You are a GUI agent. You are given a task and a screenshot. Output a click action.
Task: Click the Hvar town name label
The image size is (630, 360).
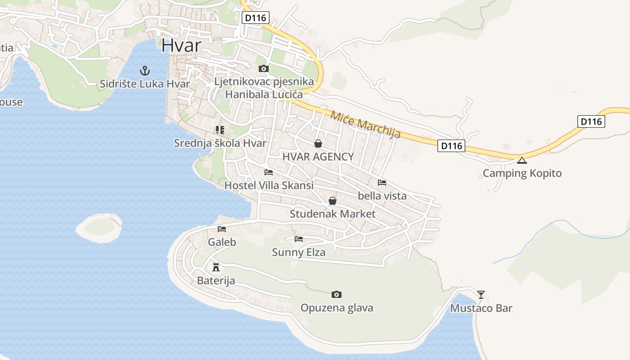[180, 45]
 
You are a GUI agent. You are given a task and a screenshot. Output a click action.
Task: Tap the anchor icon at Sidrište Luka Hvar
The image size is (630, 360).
[144, 70]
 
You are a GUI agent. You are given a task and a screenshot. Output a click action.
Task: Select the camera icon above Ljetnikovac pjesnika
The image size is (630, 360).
[264, 68]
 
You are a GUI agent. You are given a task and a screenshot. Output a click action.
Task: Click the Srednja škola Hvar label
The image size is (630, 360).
[220, 143]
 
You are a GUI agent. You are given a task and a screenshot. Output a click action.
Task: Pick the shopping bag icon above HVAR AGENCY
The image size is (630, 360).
[318, 144]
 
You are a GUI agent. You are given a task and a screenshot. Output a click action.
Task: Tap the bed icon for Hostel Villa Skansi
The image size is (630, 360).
[269, 172]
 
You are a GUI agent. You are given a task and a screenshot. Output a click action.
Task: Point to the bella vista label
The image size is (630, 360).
[382, 196]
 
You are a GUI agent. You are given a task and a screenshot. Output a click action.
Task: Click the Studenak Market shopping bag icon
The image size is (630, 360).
[333, 201]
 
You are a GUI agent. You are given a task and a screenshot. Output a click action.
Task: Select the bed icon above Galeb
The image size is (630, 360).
[222, 229]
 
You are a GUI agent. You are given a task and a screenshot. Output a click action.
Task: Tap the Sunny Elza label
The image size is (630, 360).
[298, 252]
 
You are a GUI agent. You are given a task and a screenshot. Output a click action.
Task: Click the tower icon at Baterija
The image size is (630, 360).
[216, 267]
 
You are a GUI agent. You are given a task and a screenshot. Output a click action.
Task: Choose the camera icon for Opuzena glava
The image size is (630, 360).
[336, 295]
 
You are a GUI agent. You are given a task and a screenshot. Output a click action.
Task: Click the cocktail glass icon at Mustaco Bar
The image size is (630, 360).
[481, 295]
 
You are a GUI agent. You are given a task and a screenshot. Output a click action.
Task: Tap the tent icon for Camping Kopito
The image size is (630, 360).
[522, 160]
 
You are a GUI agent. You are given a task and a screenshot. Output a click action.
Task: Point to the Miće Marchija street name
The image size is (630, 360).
[365, 124]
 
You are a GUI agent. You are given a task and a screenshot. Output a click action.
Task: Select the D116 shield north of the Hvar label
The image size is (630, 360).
[255, 18]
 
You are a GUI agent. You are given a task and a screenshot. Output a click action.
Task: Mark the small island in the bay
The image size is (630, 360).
[99, 227]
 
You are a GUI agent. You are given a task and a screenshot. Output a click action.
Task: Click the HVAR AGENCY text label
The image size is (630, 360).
[318, 157]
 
